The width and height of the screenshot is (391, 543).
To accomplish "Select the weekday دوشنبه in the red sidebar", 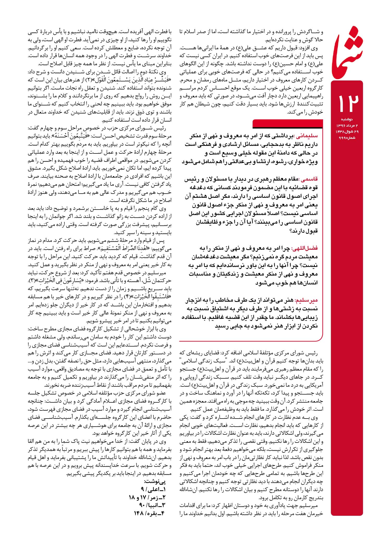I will pyautogui.click(x=347, y=119).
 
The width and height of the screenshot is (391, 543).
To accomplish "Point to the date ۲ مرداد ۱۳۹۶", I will pyautogui.click(x=347, y=126).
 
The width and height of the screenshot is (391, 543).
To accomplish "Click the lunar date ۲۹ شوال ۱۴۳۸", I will pyautogui.click(x=347, y=132).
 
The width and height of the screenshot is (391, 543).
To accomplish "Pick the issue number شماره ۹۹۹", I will pyautogui.click(x=347, y=138).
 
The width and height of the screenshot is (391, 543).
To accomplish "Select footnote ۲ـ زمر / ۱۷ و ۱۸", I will pyautogui.click(x=147, y=497).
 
